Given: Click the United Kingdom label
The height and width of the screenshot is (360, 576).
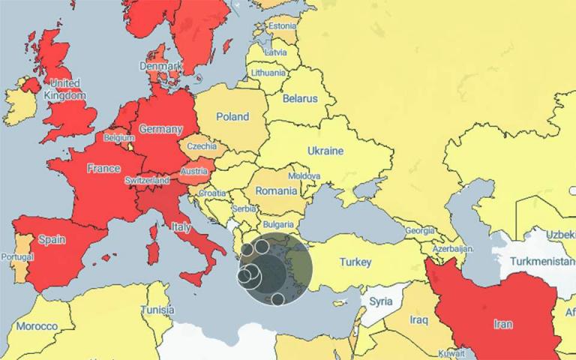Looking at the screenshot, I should (x=65, y=89).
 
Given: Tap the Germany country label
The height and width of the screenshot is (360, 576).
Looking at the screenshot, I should (x=160, y=129).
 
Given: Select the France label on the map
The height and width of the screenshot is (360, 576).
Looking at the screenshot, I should (x=103, y=169).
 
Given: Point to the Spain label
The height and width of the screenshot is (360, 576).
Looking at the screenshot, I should (x=52, y=240).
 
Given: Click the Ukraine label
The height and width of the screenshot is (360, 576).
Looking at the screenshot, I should (x=325, y=151).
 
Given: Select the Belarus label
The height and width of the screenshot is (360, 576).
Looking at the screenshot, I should (x=299, y=98).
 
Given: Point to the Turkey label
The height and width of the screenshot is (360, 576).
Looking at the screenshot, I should (x=355, y=262).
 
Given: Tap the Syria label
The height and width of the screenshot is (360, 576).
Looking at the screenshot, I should (x=381, y=301).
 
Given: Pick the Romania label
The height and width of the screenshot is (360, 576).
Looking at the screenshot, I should (x=276, y=191).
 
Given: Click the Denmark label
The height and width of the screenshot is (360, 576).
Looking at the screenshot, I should (x=163, y=66).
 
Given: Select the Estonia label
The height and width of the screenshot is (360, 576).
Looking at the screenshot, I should (x=282, y=26).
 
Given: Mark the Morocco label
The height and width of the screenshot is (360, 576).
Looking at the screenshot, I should (x=37, y=326).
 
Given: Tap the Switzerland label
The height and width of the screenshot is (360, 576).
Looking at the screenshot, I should (x=147, y=181).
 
